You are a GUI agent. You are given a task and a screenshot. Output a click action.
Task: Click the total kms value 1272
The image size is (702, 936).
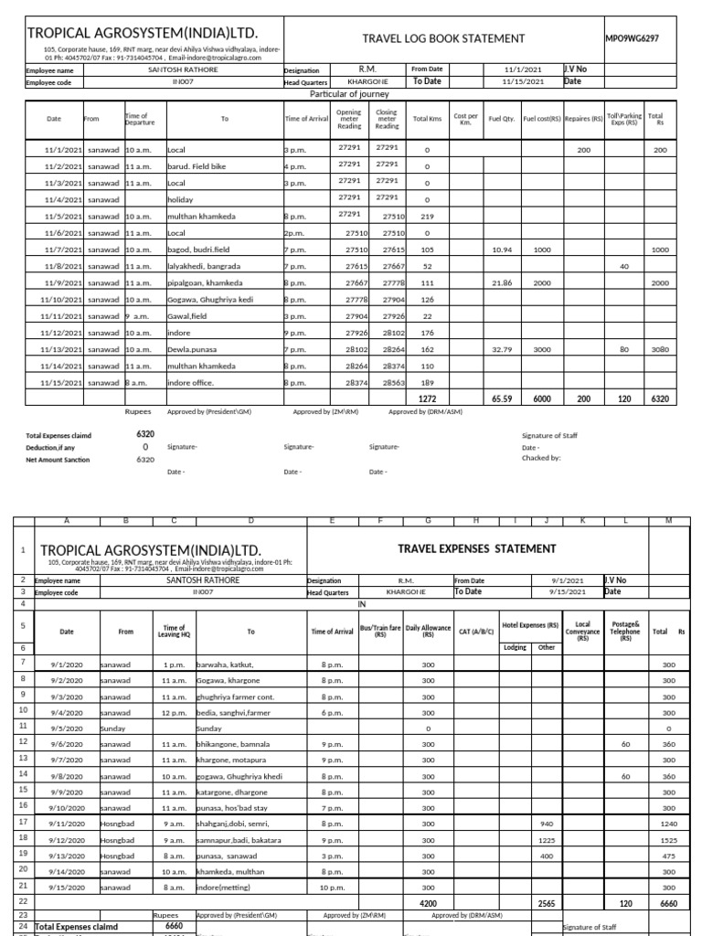click(427, 399)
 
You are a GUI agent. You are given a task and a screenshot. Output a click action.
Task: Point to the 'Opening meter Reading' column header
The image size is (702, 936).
click(349, 119)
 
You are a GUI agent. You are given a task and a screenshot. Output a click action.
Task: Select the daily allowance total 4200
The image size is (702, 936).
click(428, 901)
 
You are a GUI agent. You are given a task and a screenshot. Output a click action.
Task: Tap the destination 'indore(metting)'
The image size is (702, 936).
click(224, 887)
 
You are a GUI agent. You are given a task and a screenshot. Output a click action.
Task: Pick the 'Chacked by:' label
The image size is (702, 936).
click(541, 459)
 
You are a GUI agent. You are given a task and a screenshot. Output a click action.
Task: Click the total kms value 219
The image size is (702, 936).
click(427, 216)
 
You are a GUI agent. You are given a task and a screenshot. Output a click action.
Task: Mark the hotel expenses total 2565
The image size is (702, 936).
click(548, 901)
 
